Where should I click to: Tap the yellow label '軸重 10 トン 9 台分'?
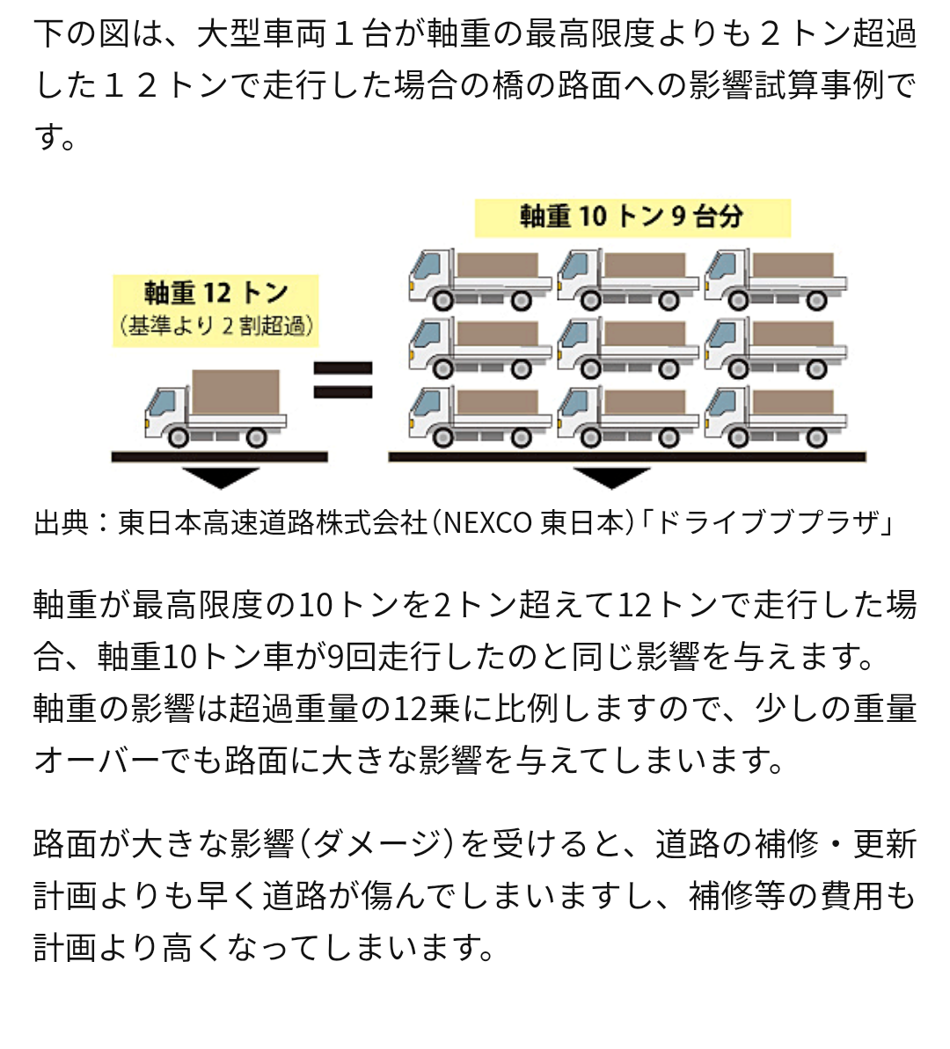pyautogui.click(x=632, y=217)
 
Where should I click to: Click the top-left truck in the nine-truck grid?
pyautogui.click(x=479, y=280)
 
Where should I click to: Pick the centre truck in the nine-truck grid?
pyautogui.click(x=627, y=347)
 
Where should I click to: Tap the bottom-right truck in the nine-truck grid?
pyautogui.click(x=775, y=416)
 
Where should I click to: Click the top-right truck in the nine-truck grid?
pyautogui.click(x=775, y=280)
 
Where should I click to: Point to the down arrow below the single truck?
pyautogui.click(x=220, y=477)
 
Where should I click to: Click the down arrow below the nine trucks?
pyautogui.click(x=610, y=477)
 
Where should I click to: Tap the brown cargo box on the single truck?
pyautogui.click(x=236, y=391)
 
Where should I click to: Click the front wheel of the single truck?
pyautogui.click(x=179, y=436)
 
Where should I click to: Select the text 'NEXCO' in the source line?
pyautogui.click(x=486, y=523)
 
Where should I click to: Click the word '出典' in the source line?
pyautogui.click(x=62, y=523)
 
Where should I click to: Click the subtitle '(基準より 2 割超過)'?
pyautogui.click(x=216, y=327)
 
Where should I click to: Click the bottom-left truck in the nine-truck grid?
pyautogui.click(x=479, y=416)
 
